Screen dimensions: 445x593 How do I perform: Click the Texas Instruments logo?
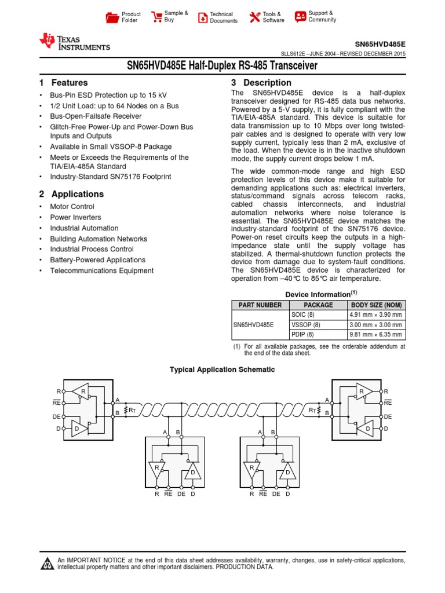[74, 42]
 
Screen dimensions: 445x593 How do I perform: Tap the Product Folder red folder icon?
[112, 17]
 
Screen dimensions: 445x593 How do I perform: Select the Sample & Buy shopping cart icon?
[156, 17]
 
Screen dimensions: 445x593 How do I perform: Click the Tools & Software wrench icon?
[254, 17]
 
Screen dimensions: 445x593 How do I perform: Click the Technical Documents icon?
[203, 17]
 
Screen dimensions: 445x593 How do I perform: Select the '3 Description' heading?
[261, 83]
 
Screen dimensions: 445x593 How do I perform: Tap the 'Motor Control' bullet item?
[72, 207]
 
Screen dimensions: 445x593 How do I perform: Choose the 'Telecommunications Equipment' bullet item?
[101, 270]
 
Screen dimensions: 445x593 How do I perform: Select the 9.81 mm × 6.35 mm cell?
[375, 335]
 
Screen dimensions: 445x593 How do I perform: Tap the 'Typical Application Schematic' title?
[222, 369]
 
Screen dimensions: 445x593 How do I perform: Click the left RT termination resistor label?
[133, 410]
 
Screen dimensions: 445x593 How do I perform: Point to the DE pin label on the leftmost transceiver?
[56, 416]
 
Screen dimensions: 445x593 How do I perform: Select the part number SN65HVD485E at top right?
[380, 44]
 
